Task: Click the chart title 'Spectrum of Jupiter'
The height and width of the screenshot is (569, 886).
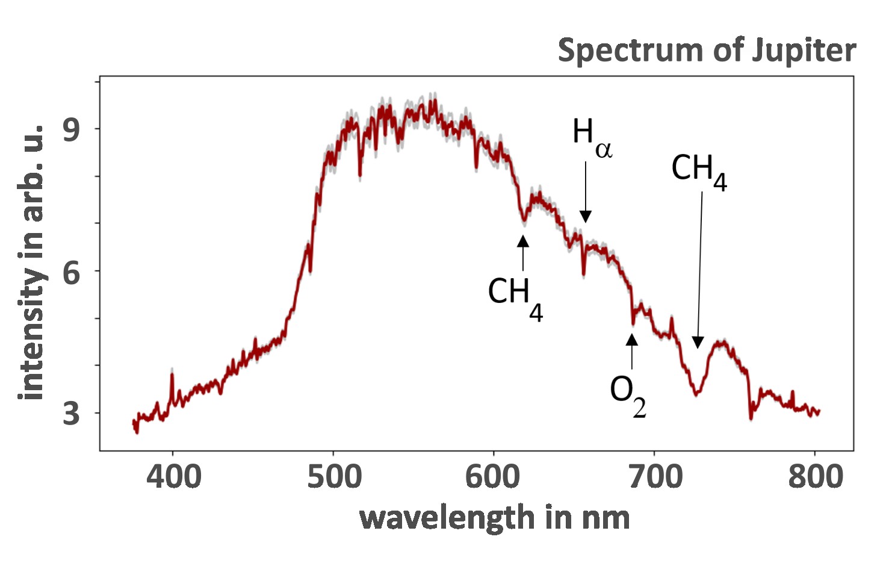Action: (x=707, y=51)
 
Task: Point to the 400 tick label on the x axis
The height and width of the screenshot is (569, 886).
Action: (x=173, y=477)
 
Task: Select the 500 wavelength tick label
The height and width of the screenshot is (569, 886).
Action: (x=334, y=477)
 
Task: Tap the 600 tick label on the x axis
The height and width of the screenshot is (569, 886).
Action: (x=494, y=477)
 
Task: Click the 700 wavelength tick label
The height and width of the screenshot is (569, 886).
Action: (x=654, y=477)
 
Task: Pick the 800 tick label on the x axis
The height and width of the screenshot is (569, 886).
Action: (x=815, y=477)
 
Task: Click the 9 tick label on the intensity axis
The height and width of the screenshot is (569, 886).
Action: (x=71, y=129)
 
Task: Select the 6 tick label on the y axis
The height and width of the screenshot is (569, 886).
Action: (x=71, y=272)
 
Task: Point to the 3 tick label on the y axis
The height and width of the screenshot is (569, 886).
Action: (x=71, y=414)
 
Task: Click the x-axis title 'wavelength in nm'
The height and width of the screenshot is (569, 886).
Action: (x=494, y=518)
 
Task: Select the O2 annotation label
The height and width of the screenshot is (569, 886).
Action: (x=628, y=395)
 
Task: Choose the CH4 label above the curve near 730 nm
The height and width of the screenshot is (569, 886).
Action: (x=699, y=171)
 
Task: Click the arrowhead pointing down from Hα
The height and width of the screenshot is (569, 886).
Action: (x=586, y=217)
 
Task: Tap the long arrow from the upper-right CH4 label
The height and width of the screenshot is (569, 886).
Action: (x=700, y=265)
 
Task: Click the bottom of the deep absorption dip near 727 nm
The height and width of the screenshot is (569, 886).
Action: (x=697, y=394)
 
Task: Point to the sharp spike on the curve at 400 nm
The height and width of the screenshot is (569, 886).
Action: (x=172, y=375)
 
